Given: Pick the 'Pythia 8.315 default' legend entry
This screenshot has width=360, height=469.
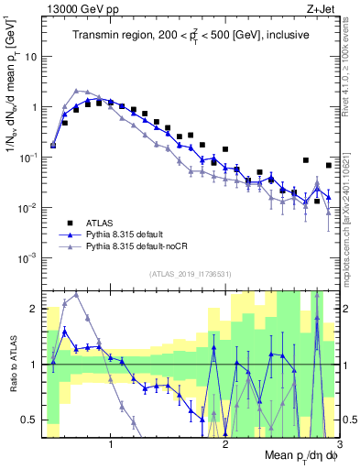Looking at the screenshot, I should pos(128,234).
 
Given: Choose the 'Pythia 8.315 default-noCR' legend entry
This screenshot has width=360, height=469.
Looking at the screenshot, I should pos(137,246).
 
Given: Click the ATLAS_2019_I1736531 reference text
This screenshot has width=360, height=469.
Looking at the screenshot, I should pos(191,274).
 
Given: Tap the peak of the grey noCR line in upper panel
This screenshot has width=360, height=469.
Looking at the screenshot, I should pos(76,91).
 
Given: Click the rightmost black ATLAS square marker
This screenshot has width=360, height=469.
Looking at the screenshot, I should pos(329,165).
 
